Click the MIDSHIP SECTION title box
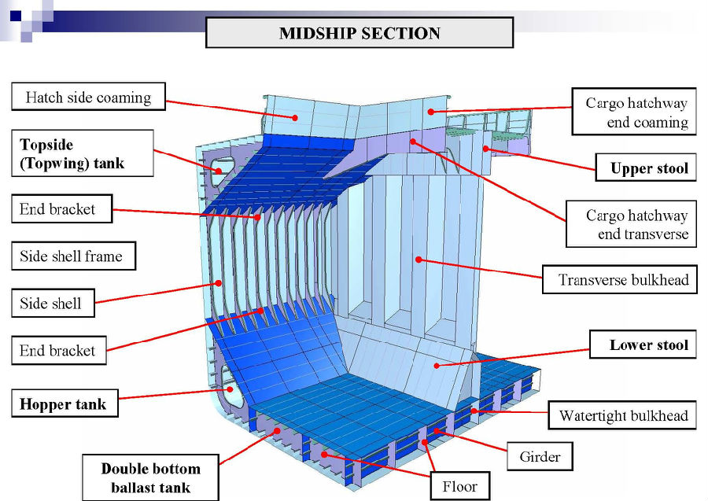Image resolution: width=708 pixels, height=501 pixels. [x=360, y=32]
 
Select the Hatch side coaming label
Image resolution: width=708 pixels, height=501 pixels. [x=88, y=97]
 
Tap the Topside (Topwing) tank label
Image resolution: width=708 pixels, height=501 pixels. [x=82, y=153]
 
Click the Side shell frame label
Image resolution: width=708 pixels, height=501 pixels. [x=74, y=256]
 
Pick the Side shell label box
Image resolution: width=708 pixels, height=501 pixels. [x=53, y=303]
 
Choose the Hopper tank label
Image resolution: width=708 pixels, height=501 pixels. [x=65, y=403]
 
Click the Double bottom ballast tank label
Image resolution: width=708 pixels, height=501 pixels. [x=150, y=477]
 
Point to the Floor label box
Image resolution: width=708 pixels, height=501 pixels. [x=460, y=486]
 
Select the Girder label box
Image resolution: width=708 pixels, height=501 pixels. [x=540, y=456]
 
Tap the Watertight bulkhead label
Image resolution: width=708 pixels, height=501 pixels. [x=622, y=414]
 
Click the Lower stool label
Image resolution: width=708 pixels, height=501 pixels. [x=643, y=344]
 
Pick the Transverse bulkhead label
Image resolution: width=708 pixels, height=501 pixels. [x=620, y=279]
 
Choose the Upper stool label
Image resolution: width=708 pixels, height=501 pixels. [x=646, y=168]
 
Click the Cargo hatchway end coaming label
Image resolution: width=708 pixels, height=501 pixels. [x=634, y=112]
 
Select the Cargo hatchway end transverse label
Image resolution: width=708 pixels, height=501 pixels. [x=631, y=224]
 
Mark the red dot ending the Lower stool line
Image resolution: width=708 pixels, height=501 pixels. [x=437, y=366]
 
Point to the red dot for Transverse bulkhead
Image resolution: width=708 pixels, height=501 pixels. [x=419, y=260]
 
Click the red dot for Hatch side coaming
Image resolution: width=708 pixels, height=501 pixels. [x=295, y=118]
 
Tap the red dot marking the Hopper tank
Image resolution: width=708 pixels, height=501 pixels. [x=230, y=389]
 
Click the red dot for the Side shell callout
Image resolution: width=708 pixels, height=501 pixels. [x=219, y=283]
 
